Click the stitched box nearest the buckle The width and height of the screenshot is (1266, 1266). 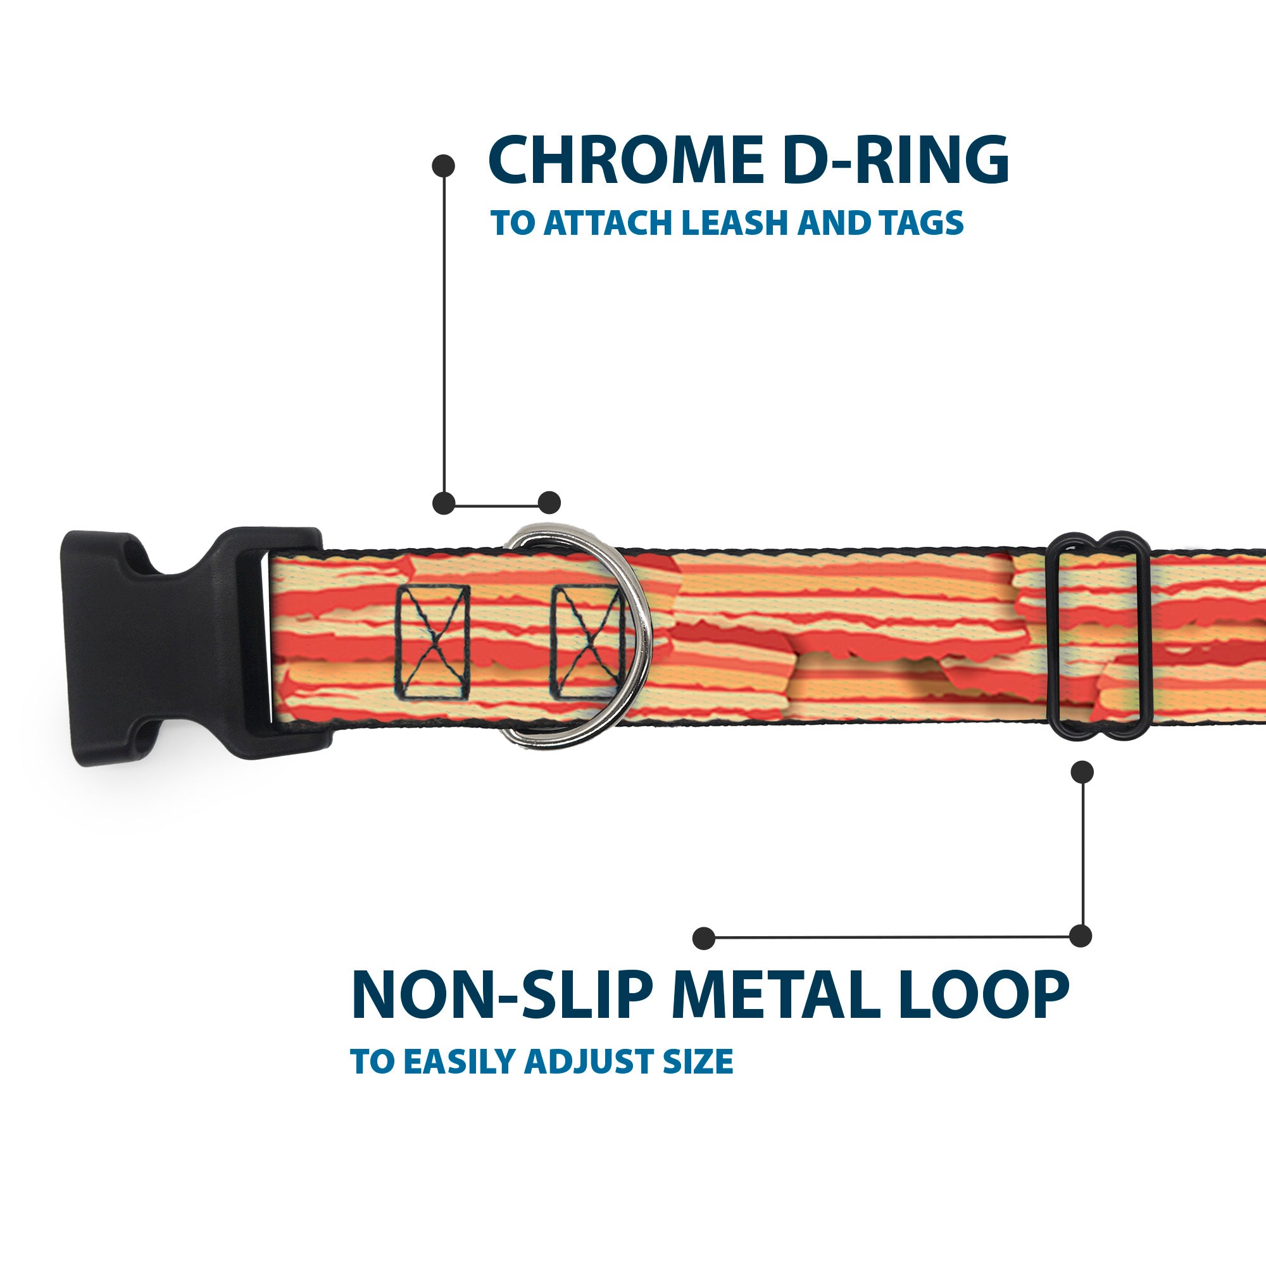433,641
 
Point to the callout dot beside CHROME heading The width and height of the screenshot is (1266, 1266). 444,166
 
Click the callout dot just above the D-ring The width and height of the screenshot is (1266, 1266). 549,503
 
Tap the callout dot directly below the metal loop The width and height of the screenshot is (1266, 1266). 1082,772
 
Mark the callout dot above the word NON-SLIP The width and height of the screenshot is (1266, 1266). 704,937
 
